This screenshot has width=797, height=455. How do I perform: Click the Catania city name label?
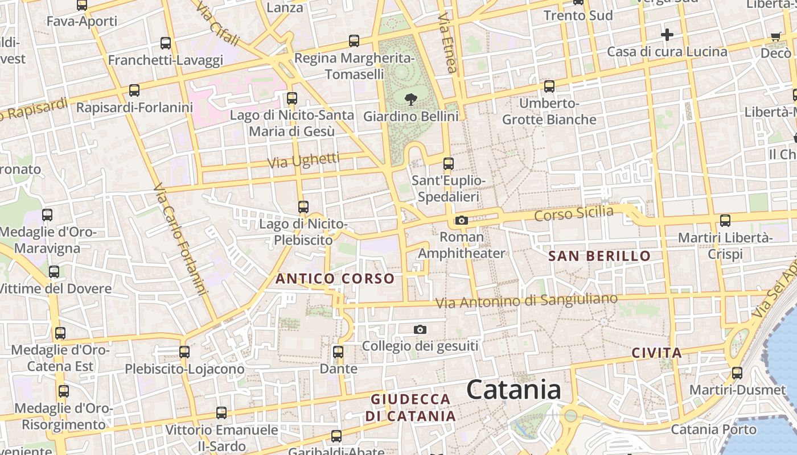[x=513, y=390]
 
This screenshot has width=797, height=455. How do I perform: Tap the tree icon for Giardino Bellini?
[x=410, y=100]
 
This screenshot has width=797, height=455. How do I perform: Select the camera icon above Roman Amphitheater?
[x=461, y=220]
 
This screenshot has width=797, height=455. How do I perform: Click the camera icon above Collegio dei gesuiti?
[x=420, y=329]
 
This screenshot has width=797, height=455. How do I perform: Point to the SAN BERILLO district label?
[x=599, y=256]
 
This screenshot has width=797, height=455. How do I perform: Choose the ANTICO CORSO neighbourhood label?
[x=335, y=279]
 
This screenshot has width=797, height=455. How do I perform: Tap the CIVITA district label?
[x=656, y=353]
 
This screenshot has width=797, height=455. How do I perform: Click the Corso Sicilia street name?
[x=574, y=214]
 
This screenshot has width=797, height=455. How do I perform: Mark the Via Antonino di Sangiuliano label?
[x=527, y=301]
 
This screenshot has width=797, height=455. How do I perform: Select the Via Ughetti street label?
[x=303, y=161]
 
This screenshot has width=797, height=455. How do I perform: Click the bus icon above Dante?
[x=338, y=352]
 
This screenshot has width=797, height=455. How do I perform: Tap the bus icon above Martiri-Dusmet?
[x=737, y=373]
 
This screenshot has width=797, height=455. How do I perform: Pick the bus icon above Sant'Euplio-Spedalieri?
[x=449, y=164]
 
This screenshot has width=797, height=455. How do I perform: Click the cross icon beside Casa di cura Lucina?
[x=667, y=35]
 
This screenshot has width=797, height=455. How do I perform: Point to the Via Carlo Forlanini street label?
[x=179, y=239]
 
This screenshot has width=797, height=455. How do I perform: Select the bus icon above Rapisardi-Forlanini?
[x=134, y=90]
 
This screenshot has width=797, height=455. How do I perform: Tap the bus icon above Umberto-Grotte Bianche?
[x=549, y=86]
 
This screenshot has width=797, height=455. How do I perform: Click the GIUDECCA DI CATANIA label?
[x=410, y=407]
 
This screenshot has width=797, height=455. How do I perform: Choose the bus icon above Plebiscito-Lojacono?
[x=184, y=352]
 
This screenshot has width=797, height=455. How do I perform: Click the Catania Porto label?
[x=714, y=429]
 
